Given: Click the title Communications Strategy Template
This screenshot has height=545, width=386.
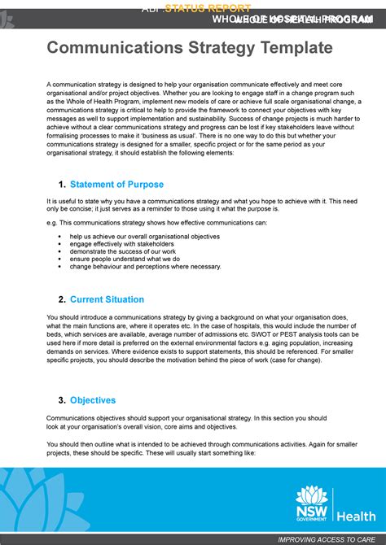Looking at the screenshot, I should pyautogui.click(x=189, y=49).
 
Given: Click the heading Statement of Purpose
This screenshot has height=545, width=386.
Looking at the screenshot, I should pyautogui.click(x=116, y=185).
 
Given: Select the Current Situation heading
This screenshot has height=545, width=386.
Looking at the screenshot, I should pyautogui.click(x=107, y=299).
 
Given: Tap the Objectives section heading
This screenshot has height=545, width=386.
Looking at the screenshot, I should pyautogui.click(x=93, y=400).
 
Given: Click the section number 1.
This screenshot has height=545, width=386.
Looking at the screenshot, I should pyautogui.click(x=62, y=185).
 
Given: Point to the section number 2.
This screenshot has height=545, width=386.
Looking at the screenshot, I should pyautogui.click(x=62, y=299).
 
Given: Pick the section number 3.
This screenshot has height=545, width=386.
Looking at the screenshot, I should pyautogui.click(x=62, y=400).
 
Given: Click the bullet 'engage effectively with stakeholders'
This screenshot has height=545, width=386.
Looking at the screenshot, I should pyautogui.click(x=121, y=244).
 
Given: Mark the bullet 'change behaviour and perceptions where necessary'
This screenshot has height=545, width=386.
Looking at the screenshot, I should pyautogui.click(x=145, y=266).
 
